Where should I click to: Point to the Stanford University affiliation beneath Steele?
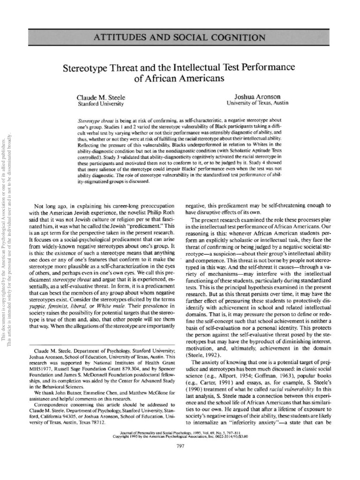[100, 103]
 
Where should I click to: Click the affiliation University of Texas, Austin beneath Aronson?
[257, 102]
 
